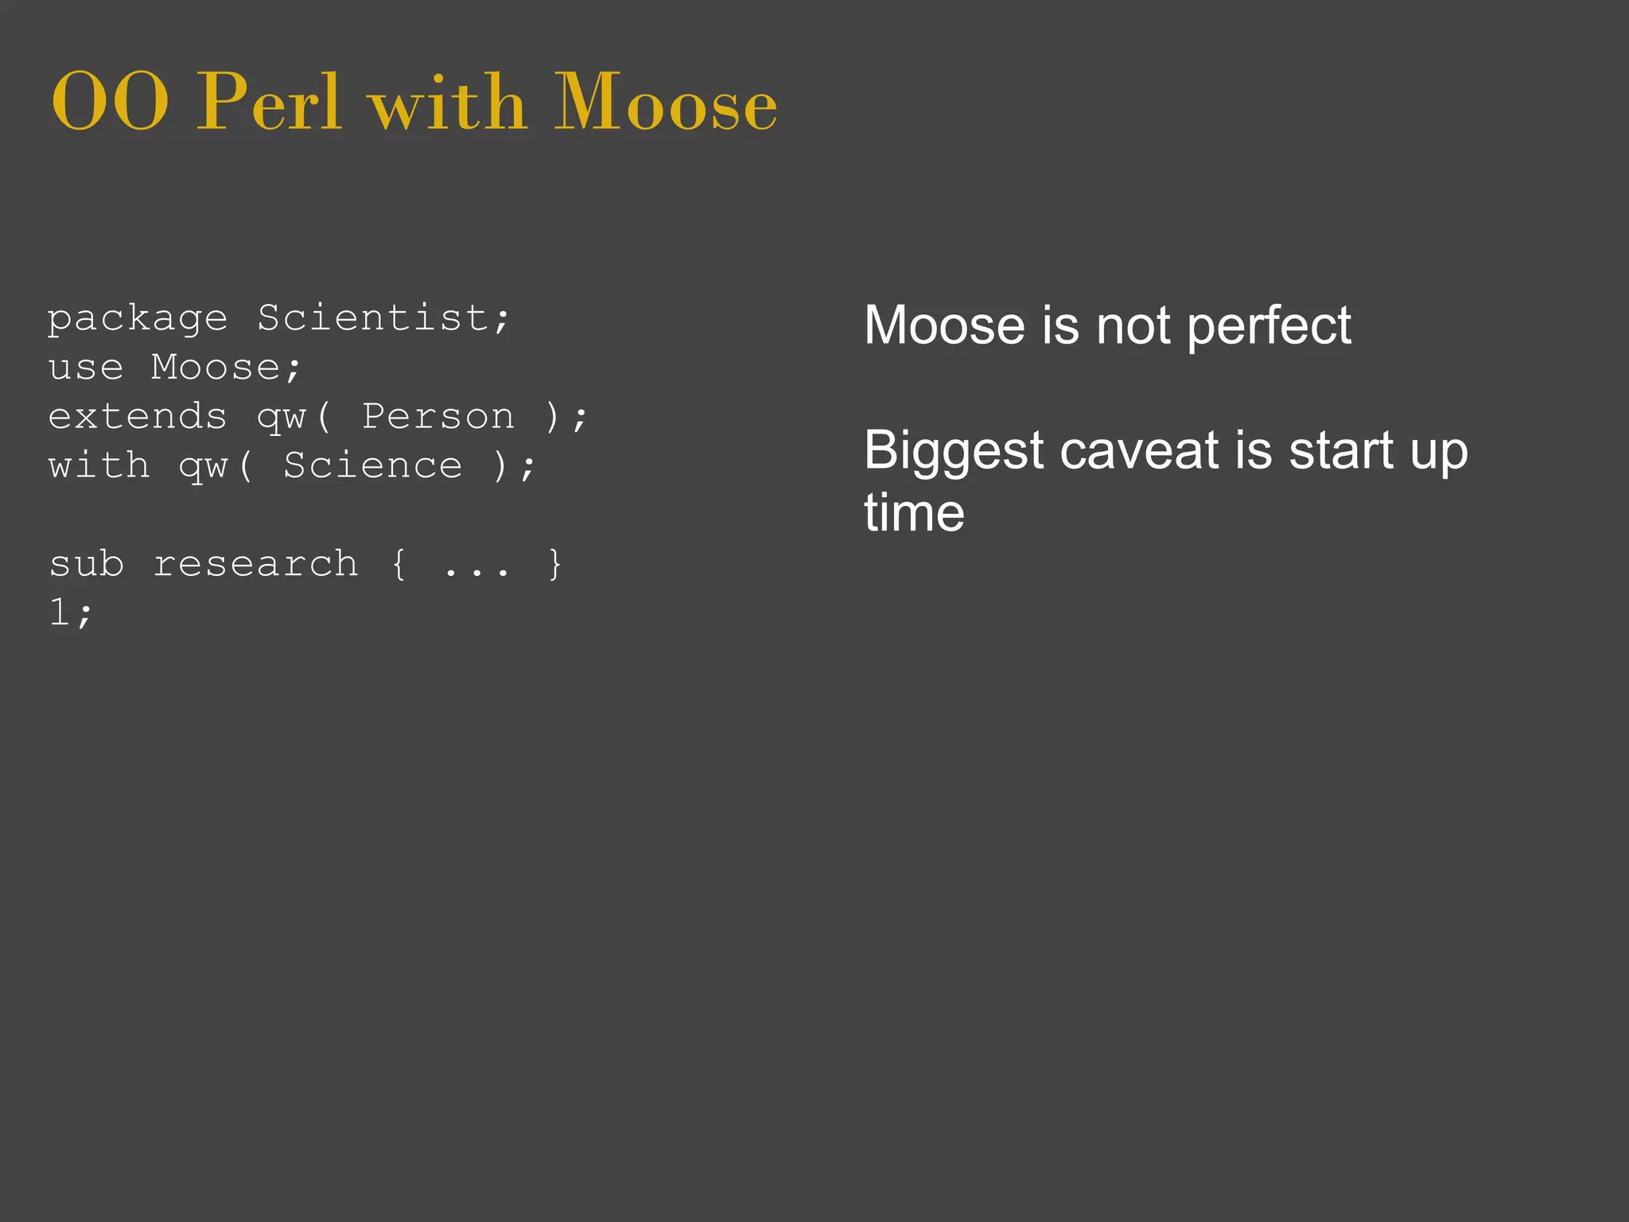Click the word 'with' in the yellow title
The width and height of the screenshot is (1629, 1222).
(448, 103)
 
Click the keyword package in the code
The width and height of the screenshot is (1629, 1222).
(138, 320)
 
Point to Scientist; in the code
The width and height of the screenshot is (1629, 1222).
(383, 318)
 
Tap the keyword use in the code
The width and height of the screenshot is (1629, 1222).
(86, 368)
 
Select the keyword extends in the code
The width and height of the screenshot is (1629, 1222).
(138, 417)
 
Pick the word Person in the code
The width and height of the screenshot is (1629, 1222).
(438, 417)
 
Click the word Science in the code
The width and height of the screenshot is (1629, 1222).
(372, 466)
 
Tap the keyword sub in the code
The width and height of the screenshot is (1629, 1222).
(86, 564)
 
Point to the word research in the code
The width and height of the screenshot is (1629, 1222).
(255, 564)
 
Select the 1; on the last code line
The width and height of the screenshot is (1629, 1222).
(71, 613)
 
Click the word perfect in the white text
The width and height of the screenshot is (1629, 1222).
(1269, 326)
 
